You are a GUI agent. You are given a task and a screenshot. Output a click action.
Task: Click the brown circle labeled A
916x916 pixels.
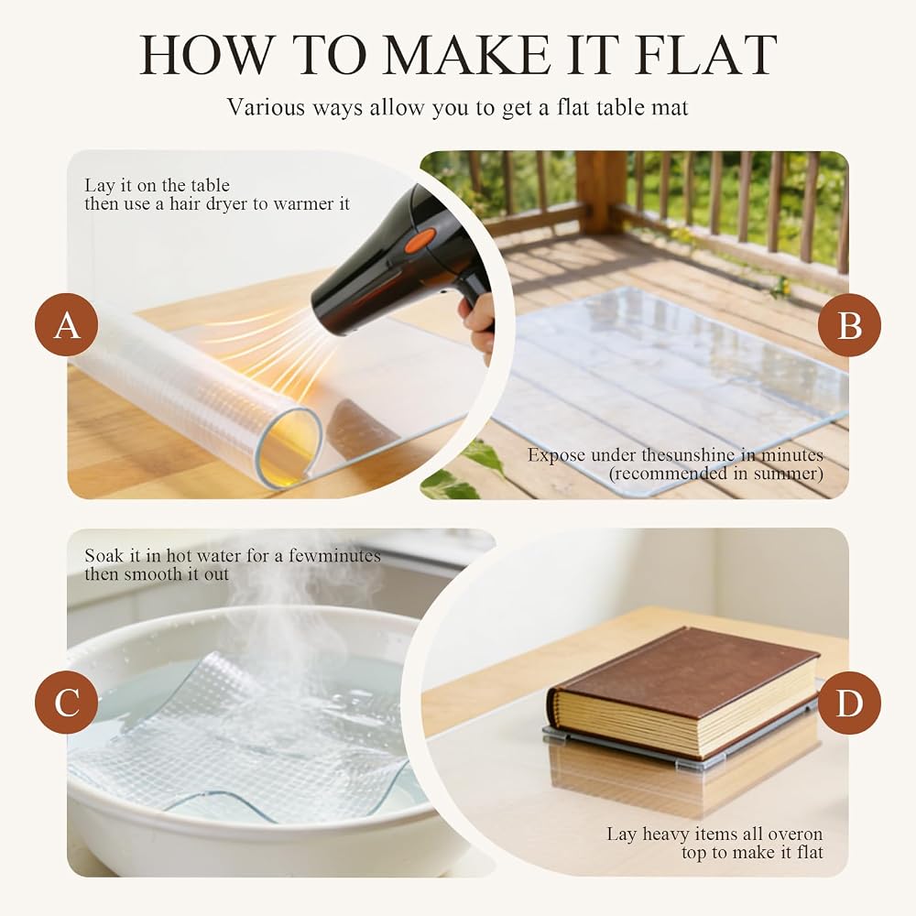[67, 325]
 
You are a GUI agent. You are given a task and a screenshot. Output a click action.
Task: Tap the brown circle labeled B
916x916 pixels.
[849, 325]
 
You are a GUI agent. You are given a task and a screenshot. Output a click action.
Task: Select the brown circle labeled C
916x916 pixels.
[67, 703]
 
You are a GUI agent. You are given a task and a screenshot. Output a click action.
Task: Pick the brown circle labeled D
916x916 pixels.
[849, 703]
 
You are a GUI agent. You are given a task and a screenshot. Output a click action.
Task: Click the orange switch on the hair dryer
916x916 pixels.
[420, 239]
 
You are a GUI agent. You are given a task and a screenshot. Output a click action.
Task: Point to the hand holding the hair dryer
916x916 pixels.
[478, 325]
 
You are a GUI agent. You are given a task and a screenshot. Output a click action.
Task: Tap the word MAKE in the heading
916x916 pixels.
[465, 55]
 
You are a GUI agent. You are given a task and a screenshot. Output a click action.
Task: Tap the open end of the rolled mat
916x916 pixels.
[290, 445]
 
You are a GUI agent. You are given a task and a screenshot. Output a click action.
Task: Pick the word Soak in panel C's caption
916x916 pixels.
[104, 555]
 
